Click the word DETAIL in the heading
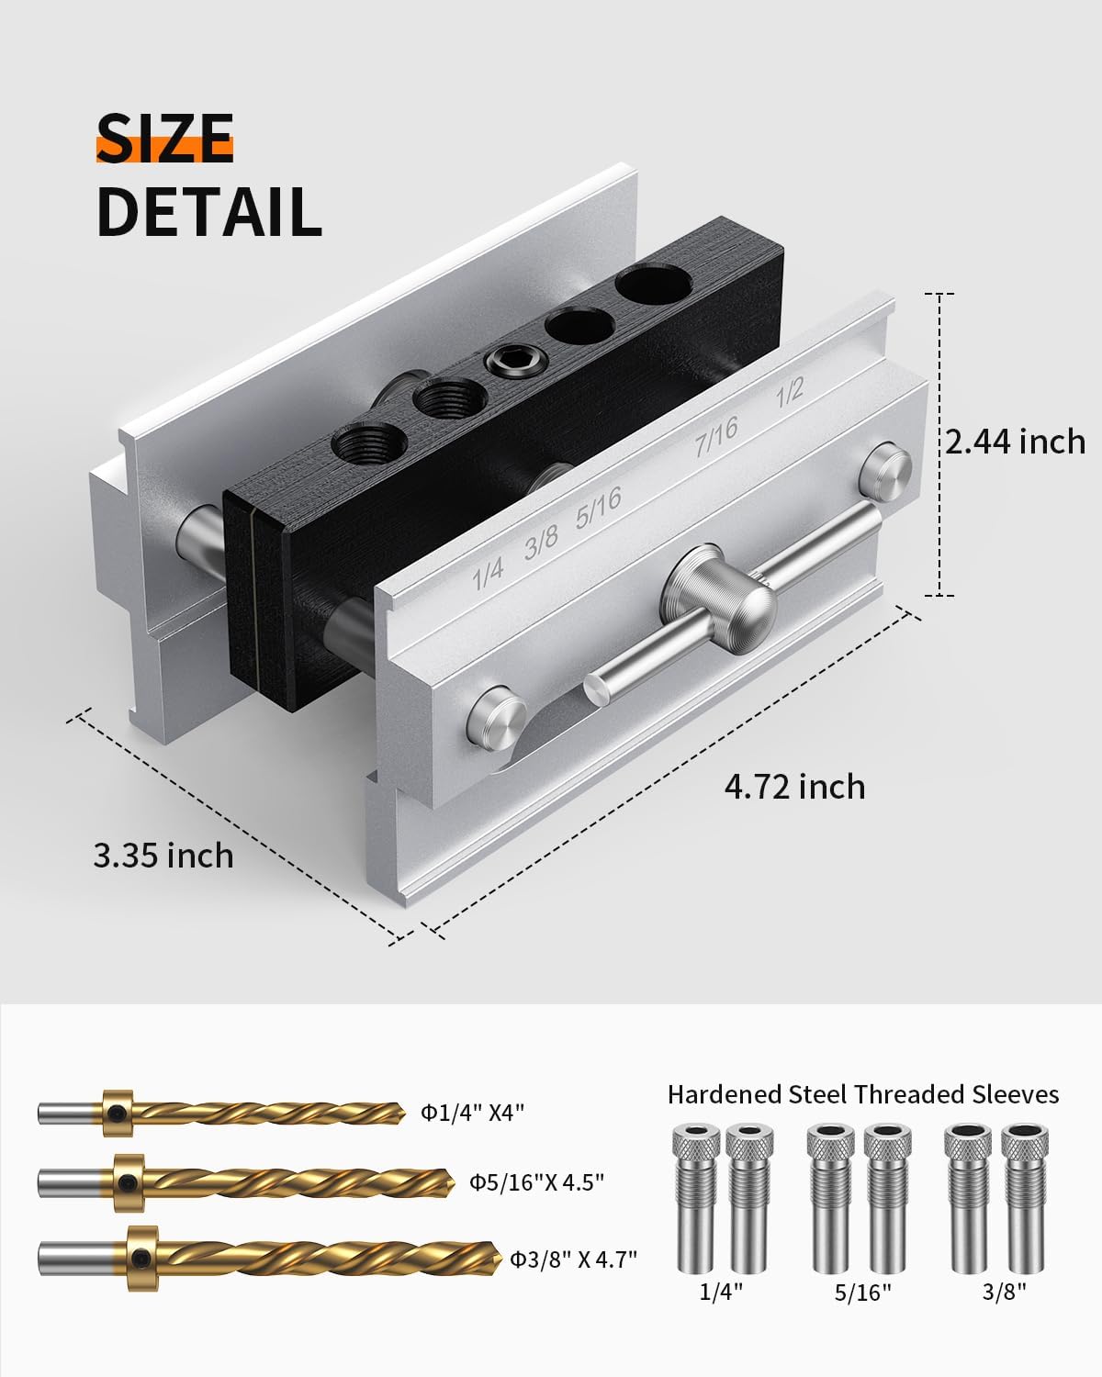[x=209, y=212]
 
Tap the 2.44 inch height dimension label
[x=1015, y=442]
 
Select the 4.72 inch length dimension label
[x=794, y=787]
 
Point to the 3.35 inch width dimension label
[x=163, y=856]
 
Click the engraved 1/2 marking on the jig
[x=790, y=392]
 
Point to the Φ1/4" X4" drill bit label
[x=473, y=1113]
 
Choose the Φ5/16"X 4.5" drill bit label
[x=537, y=1182]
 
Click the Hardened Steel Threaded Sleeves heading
[x=863, y=1094]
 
